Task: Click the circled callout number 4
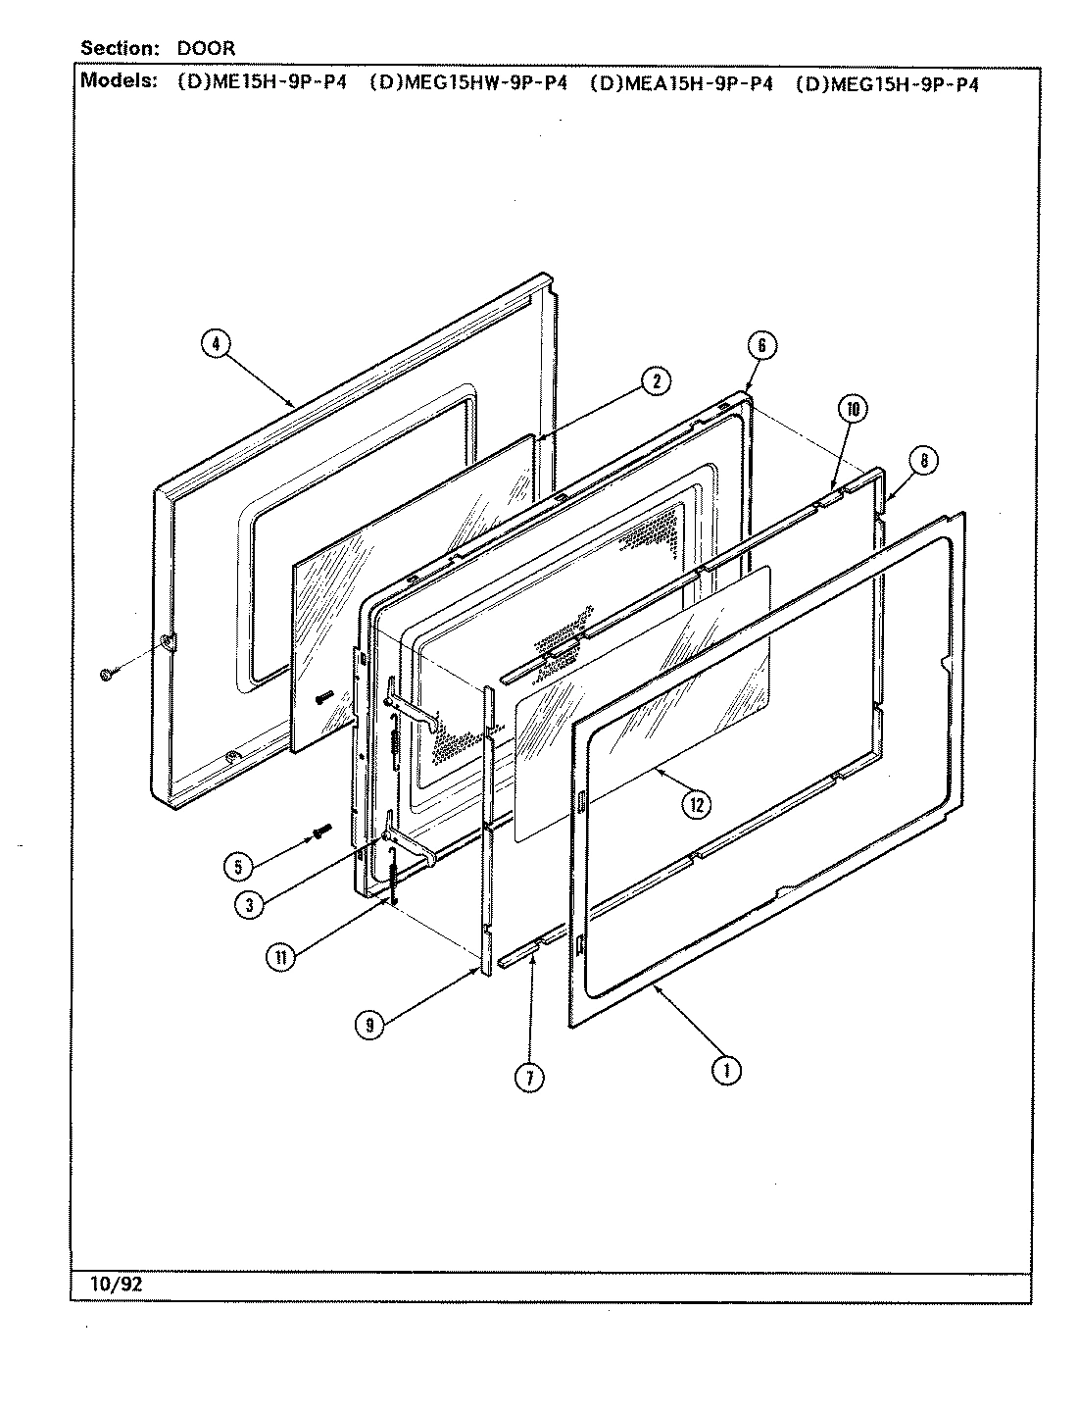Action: (x=216, y=343)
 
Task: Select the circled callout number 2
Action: (x=656, y=382)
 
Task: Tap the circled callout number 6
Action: (x=761, y=344)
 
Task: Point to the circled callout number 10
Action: (x=853, y=409)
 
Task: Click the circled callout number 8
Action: (x=923, y=459)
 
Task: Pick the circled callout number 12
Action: (x=697, y=805)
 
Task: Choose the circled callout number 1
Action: (x=726, y=1071)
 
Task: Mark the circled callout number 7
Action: (x=529, y=1077)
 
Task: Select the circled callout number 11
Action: (x=282, y=959)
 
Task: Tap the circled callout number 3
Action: (x=250, y=905)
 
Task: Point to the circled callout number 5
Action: (x=238, y=866)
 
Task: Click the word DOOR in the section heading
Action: (x=206, y=47)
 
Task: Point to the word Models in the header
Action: (x=118, y=81)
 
